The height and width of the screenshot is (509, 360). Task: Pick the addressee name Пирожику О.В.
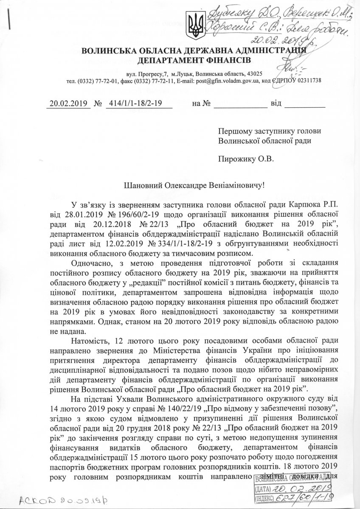pos(239,159)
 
